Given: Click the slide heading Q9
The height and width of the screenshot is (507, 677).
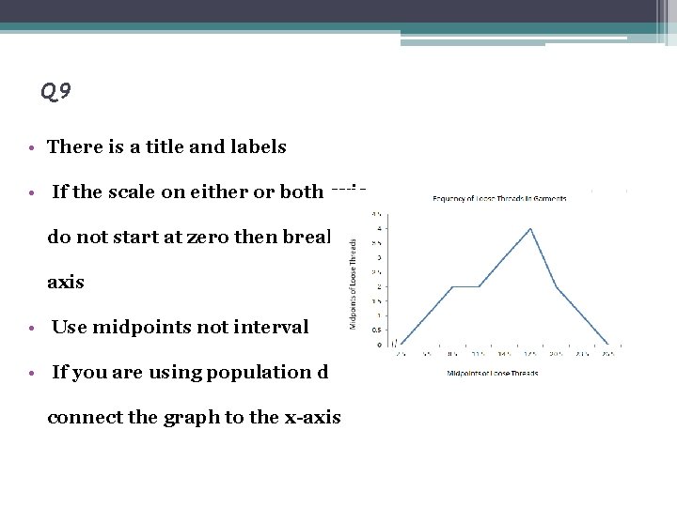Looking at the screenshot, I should click(x=56, y=91).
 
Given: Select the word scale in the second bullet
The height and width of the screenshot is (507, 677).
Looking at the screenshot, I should click(x=137, y=192).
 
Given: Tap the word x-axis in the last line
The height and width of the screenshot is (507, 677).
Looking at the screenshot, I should click(x=311, y=418).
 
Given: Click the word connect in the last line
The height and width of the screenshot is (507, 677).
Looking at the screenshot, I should click(x=79, y=418).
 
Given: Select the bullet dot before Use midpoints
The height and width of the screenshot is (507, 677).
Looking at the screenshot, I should click(x=32, y=328).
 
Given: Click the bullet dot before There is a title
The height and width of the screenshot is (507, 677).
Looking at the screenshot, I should click(x=32, y=147).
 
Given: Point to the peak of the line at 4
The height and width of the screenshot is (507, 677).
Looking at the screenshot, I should click(x=531, y=228).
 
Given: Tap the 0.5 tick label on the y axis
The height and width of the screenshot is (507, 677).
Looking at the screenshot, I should click(x=377, y=330).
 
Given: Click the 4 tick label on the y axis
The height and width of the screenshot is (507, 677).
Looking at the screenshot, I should click(x=379, y=228).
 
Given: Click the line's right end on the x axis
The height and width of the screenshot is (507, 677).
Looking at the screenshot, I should click(x=609, y=345).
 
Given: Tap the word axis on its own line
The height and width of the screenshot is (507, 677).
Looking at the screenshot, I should click(x=66, y=283).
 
